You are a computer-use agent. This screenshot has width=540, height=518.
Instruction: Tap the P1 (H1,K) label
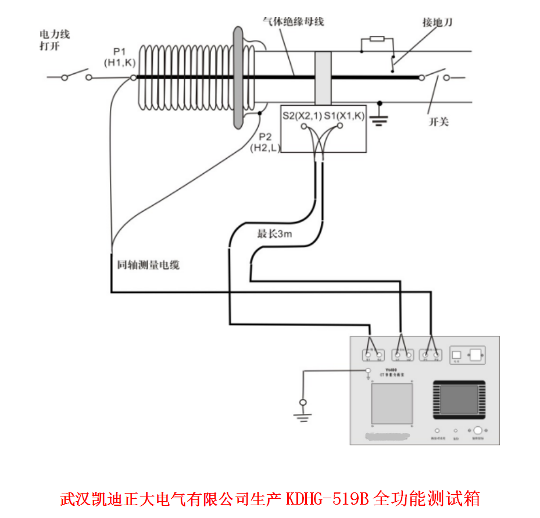pyautogui.click(x=120, y=56)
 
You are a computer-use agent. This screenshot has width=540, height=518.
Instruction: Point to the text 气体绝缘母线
pyautogui.click(x=293, y=22)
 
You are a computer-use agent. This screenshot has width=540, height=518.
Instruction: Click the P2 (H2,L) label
pyautogui.click(x=265, y=142)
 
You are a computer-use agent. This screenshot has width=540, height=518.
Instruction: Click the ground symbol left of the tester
pyautogui.click(x=302, y=409)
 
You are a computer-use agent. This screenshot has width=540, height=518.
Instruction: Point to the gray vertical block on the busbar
pyautogui.click(x=323, y=78)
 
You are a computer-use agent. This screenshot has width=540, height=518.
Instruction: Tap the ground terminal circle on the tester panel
pyautogui.click(x=367, y=371)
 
